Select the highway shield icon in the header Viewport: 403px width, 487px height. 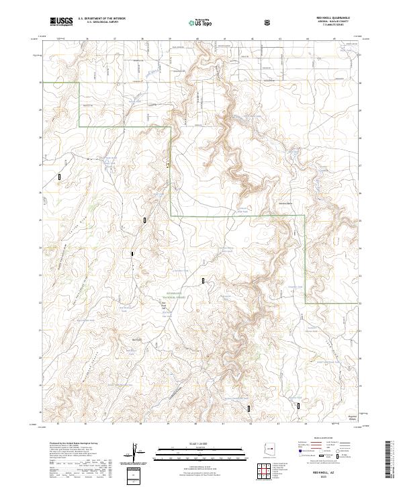coord(268,22)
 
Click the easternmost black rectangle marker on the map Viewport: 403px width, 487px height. coord(299,405)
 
